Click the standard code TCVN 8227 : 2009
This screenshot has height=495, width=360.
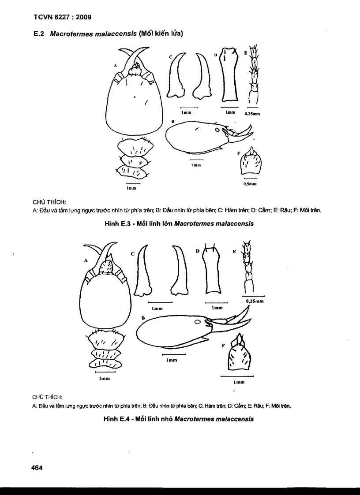pos(62,18)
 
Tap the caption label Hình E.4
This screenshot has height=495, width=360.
pos(115,419)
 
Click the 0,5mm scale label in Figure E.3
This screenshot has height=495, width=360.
pos(250,184)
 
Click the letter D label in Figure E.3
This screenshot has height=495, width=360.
pos(216,55)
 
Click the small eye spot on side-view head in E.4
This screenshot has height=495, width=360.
pos(198,323)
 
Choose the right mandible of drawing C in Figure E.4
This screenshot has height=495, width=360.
pos(178,270)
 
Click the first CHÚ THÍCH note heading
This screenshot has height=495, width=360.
pos(49,202)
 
